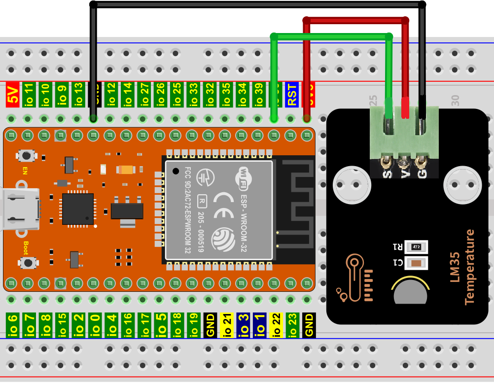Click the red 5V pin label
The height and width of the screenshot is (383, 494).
click(12, 95)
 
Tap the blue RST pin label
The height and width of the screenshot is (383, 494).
click(292, 95)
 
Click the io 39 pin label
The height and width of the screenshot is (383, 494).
click(258, 95)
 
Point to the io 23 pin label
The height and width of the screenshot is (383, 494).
click(292, 325)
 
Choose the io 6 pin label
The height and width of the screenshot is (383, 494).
click(12, 325)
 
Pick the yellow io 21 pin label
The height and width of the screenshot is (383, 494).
click(227, 325)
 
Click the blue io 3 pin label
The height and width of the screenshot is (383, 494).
click(243, 325)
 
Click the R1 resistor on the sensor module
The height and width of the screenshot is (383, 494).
click(416, 246)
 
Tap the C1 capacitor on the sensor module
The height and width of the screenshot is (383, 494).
click(416, 263)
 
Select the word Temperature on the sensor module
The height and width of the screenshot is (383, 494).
click(469, 266)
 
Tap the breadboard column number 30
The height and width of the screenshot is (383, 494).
click(455, 101)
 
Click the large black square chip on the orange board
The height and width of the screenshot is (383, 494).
click(77, 209)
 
